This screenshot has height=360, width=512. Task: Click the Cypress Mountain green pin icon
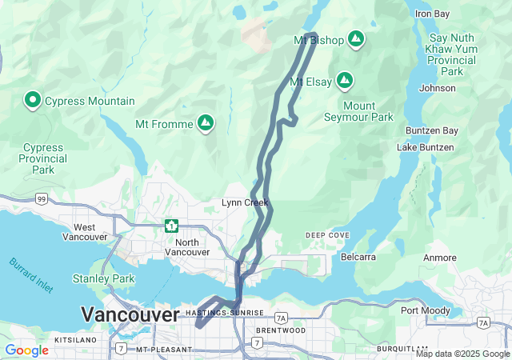point(33,100)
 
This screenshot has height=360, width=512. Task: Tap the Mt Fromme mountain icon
point(206,122)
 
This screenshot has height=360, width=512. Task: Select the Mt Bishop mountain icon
point(356,38)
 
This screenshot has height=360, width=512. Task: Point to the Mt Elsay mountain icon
point(345,80)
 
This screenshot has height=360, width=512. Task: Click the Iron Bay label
point(433,14)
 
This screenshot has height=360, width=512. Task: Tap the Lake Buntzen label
point(426,147)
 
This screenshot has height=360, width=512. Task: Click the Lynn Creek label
point(245,203)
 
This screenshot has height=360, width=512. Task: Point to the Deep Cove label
point(327,235)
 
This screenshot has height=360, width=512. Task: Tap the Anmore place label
point(439,258)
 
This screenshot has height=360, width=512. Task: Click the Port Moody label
point(421,310)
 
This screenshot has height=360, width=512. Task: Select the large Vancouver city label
point(130,315)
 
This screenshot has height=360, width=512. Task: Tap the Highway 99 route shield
point(41,198)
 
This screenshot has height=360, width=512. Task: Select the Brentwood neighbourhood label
point(280,330)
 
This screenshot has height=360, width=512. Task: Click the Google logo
point(26,350)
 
